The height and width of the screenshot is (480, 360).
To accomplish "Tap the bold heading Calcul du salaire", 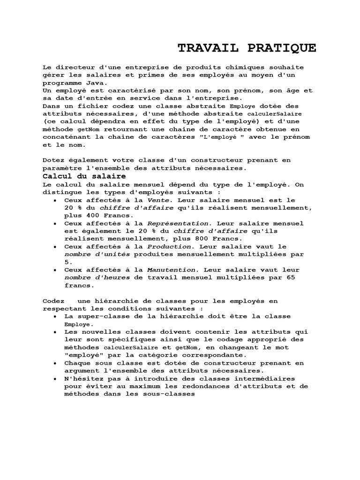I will [x=84, y=176].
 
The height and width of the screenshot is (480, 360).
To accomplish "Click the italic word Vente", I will [x=157, y=200].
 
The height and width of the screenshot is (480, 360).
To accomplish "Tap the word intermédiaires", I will [x=274, y=378].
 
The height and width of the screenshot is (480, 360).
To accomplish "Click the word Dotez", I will [x=52, y=160].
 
